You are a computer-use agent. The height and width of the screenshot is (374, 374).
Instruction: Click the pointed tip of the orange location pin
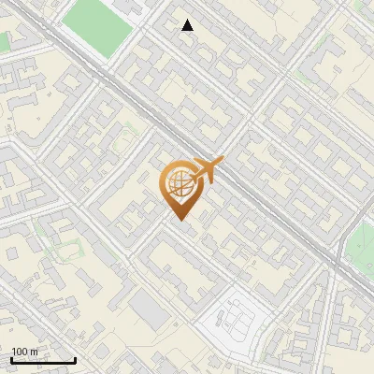point(180,220)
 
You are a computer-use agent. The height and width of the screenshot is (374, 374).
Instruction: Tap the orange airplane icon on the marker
point(207,172)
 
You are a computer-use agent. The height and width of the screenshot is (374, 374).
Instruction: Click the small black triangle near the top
point(188,25)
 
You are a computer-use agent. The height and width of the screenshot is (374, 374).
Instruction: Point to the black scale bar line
point(43,361)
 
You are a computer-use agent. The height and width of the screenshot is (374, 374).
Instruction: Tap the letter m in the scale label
point(33,352)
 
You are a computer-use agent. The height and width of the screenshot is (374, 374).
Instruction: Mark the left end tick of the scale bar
point(11,360)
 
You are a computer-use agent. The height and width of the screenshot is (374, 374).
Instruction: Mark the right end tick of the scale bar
point(75,360)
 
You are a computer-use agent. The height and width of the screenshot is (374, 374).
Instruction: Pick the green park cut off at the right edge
point(363,245)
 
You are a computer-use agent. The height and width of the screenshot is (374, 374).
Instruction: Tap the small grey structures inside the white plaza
point(237,323)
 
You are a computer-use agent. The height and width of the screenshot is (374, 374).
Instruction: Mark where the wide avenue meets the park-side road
point(335,265)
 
